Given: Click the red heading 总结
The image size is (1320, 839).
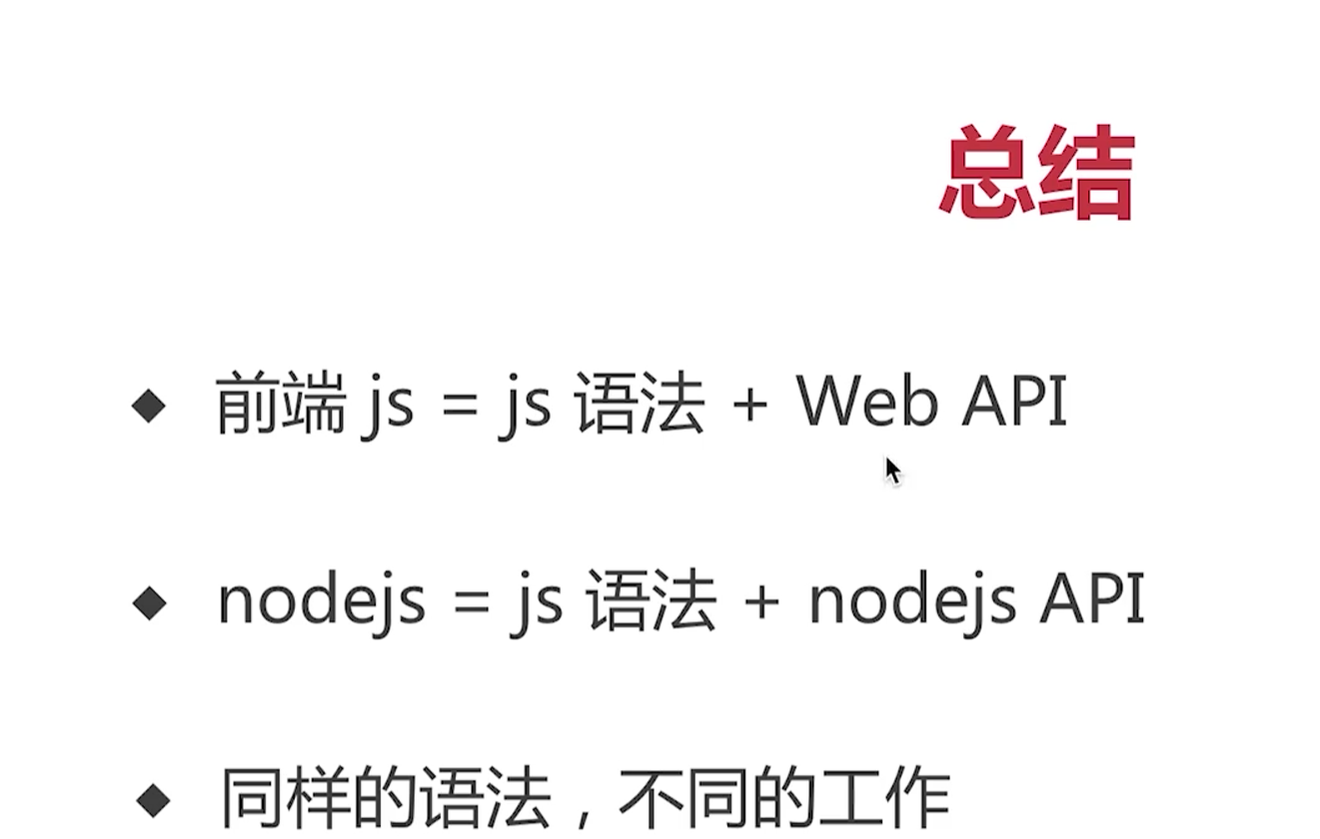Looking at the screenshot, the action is click(x=1037, y=172).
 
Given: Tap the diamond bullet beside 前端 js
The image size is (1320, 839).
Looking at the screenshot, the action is click(x=149, y=406).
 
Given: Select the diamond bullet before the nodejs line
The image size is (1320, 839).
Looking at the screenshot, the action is click(x=150, y=602).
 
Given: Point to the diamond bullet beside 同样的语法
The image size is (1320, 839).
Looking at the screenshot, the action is click(x=153, y=800).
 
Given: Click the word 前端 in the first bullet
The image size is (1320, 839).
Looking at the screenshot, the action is click(x=281, y=403).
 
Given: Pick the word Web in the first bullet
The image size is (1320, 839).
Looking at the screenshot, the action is click(x=866, y=401).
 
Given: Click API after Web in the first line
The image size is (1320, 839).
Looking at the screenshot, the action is click(x=1014, y=402).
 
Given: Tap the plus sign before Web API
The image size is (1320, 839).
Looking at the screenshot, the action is click(x=749, y=405).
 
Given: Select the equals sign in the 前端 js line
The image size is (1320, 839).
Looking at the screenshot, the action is click(x=459, y=405).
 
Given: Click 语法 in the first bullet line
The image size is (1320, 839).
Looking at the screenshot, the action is click(x=641, y=403).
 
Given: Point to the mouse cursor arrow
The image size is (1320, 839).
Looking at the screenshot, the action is click(x=892, y=470).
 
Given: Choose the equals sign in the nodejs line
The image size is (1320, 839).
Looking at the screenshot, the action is click(x=472, y=602).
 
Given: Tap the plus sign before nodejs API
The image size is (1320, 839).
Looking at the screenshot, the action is click(x=762, y=602).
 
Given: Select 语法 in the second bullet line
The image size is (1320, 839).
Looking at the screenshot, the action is click(x=653, y=601).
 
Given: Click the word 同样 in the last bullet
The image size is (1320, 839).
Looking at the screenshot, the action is click(x=287, y=798).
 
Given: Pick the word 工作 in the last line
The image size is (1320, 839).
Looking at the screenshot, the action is click(x=884, y=798).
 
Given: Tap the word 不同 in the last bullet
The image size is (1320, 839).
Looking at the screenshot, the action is click(x=684, y=798).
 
